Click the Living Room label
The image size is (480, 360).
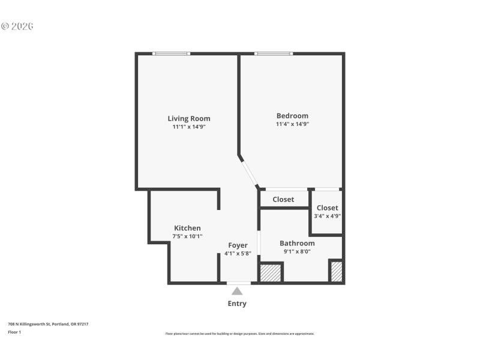pos(189,118)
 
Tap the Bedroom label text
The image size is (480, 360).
pos(292,116)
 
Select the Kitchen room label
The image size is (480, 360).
pos(187,228)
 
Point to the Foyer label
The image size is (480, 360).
pos(238,245)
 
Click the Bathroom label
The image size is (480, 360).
pos(297,243)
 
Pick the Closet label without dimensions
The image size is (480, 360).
pos(283,199)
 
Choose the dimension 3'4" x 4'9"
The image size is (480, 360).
pos(328,216)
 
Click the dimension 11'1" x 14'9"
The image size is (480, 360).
pos(189,127)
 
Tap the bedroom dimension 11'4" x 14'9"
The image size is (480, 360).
pos(292,124)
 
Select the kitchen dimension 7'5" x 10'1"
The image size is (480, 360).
pos(187,236)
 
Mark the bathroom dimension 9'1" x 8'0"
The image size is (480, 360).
pos(297,251)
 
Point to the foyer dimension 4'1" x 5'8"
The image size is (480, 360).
pos(238,254)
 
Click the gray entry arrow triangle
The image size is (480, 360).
pos(238,291)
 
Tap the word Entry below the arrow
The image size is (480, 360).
pos(237,304)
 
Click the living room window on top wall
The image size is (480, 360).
pos(171,54)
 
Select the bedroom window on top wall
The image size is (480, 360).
pos(274,54)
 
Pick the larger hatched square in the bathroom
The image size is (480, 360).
pos(271,272)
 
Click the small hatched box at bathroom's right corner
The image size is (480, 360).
pos(337,272)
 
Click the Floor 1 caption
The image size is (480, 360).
pos(14,332)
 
